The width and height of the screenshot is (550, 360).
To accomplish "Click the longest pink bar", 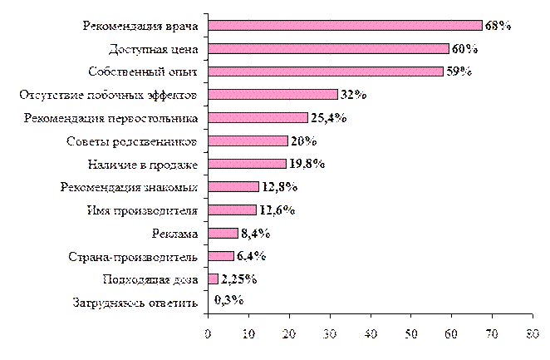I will coord(344,26).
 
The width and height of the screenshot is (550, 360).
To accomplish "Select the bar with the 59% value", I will coord(328,49).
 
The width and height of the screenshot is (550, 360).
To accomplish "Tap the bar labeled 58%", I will coord(325,72).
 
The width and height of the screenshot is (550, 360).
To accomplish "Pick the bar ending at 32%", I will coord(273,95).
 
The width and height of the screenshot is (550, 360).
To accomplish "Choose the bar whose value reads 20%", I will coord(248,141).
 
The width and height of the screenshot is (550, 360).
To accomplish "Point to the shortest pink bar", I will coord(213,279).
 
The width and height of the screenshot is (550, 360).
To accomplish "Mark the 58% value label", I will coord(459,72).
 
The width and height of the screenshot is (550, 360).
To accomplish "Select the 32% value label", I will coord(353,95).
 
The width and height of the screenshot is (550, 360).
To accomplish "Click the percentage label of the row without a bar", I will coord(229,301).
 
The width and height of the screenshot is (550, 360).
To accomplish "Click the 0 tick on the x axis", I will coord(208,334).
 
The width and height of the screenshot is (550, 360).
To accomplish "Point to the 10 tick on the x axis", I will coord(248,334).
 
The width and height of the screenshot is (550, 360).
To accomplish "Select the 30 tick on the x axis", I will coord(329,334).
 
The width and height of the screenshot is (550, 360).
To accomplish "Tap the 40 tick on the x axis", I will coord(370,334).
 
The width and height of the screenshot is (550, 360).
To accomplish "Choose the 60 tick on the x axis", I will coord(451,334).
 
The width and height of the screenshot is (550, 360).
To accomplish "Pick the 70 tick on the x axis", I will coord(492,334).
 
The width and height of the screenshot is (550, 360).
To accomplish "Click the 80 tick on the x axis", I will coord(532,334).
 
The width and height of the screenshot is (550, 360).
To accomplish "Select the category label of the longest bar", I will coord(140,26).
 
